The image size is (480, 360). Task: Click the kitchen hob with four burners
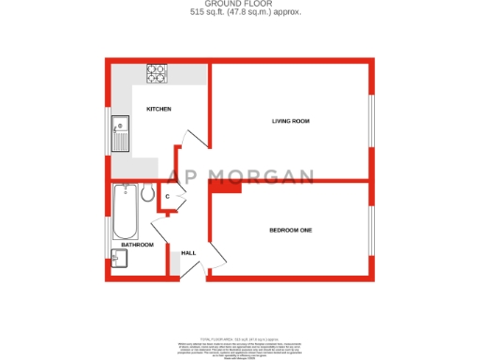pos(156,72)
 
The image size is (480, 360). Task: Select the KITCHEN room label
pos(158,110)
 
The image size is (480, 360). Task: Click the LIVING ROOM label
pos(291,121)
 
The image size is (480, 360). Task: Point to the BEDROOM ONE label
pos(290,230)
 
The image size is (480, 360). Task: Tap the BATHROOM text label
pos(137,245)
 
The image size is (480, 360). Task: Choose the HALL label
pos(188,253)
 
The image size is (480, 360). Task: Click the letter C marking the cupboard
pos(167,197)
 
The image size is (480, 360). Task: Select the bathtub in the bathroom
pos(124,214)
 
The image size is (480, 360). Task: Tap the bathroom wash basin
pos(118,257)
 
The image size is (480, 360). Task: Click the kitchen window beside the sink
pos(108,129)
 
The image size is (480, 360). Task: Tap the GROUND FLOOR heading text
pos(239,4)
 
